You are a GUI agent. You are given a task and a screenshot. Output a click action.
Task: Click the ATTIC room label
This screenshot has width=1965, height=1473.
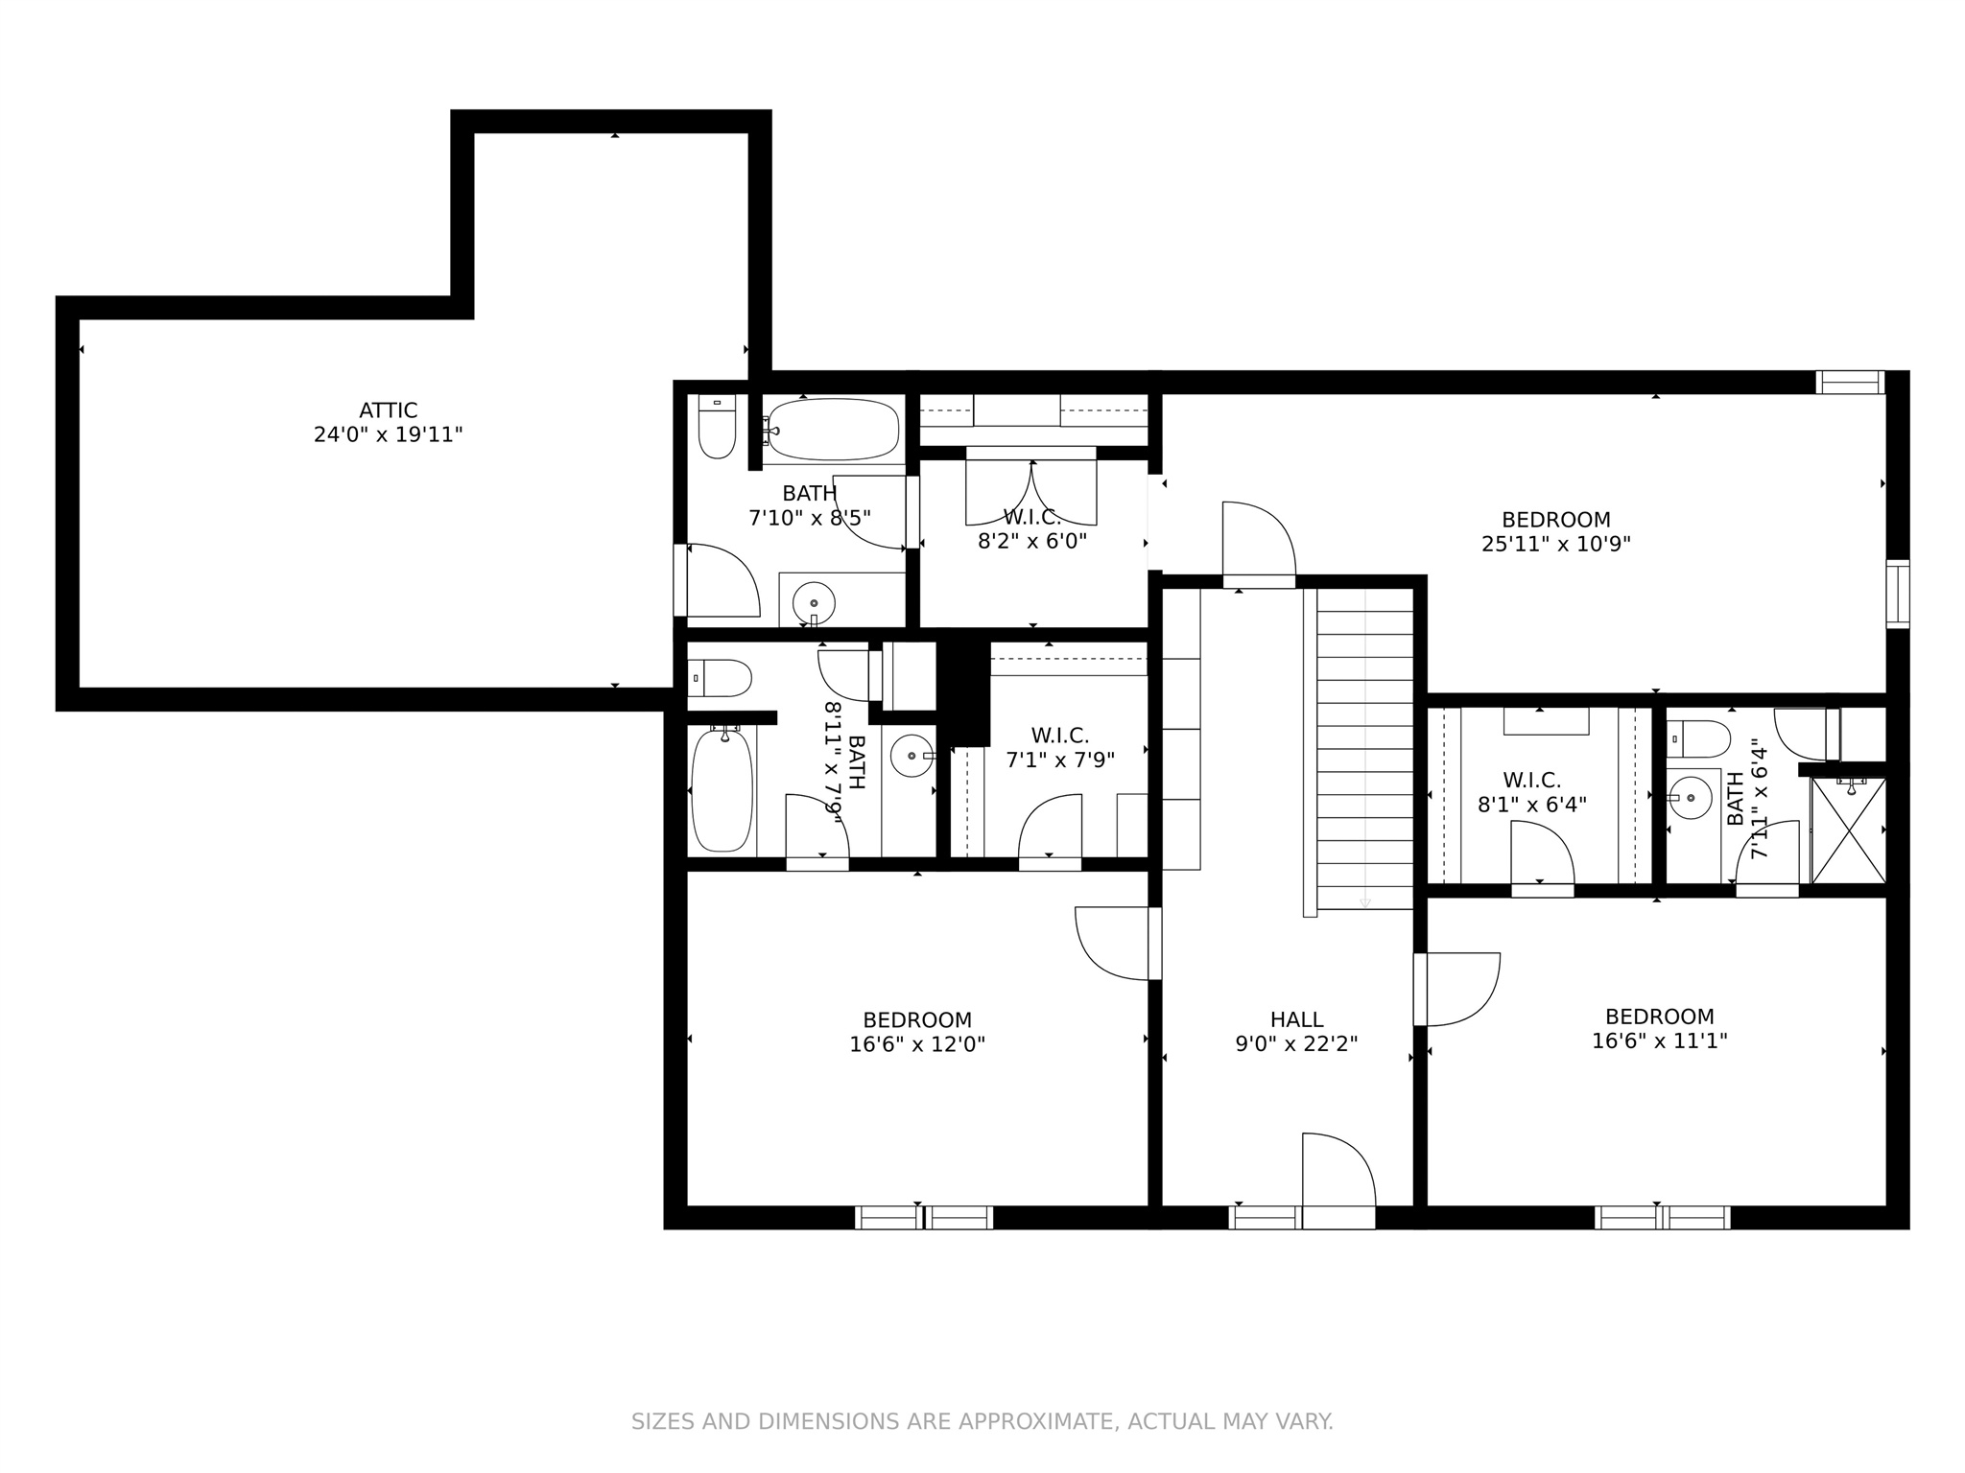389,411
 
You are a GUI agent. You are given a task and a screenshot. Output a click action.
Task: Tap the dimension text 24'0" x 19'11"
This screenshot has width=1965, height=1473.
389,435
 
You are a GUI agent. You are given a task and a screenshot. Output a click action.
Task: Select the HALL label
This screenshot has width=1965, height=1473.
1297,1019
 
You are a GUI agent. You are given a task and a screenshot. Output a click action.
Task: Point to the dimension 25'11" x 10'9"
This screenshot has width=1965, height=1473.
1556,544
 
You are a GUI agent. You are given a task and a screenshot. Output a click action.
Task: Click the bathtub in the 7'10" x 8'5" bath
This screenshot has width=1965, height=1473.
832,430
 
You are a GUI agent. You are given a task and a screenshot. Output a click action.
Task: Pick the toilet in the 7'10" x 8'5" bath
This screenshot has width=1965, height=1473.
716,427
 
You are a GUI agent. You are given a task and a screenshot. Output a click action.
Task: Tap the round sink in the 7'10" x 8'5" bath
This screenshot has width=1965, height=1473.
814,603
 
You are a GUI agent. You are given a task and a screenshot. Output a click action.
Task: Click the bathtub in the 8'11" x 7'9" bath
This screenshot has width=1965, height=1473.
722,789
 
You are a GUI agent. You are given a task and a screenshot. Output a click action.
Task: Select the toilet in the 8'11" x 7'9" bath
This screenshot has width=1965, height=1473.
720,678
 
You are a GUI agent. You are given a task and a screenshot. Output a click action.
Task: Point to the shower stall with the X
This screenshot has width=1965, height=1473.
1848,830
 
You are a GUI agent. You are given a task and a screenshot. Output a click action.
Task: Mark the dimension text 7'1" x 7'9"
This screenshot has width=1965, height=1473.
1060,760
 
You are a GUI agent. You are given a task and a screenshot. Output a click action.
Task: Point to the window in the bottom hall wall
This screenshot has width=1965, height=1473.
1265,1218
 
